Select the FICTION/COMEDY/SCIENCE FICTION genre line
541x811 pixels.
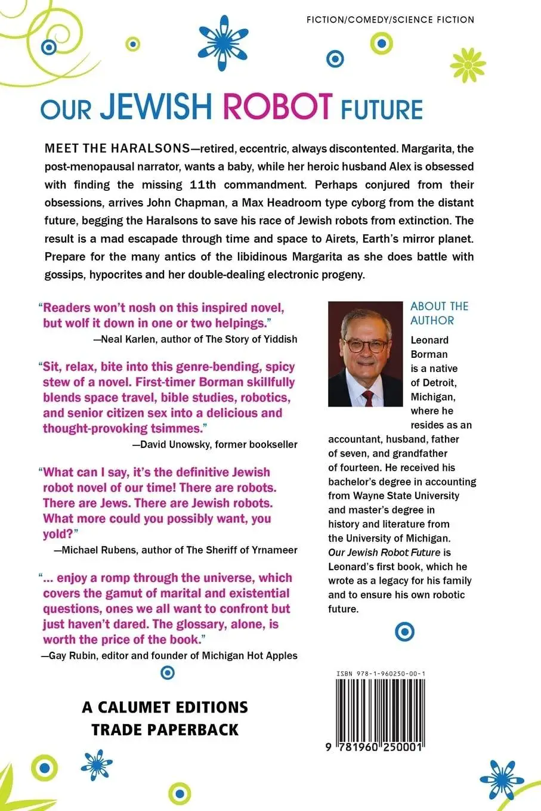390,20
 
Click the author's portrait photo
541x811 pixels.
366,354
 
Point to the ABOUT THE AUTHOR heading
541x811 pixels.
439,313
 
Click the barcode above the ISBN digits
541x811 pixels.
376,710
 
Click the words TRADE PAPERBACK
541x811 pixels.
165,729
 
